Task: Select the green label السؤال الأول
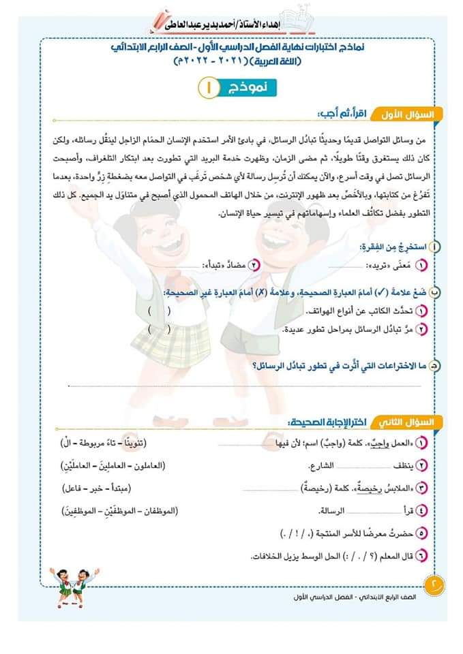point(413,113)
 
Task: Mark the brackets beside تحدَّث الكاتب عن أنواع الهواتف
point(159,311)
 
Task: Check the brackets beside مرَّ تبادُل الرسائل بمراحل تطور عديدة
point(159,328)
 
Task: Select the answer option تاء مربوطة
point(98,444)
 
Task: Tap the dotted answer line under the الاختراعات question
point(239,386)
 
